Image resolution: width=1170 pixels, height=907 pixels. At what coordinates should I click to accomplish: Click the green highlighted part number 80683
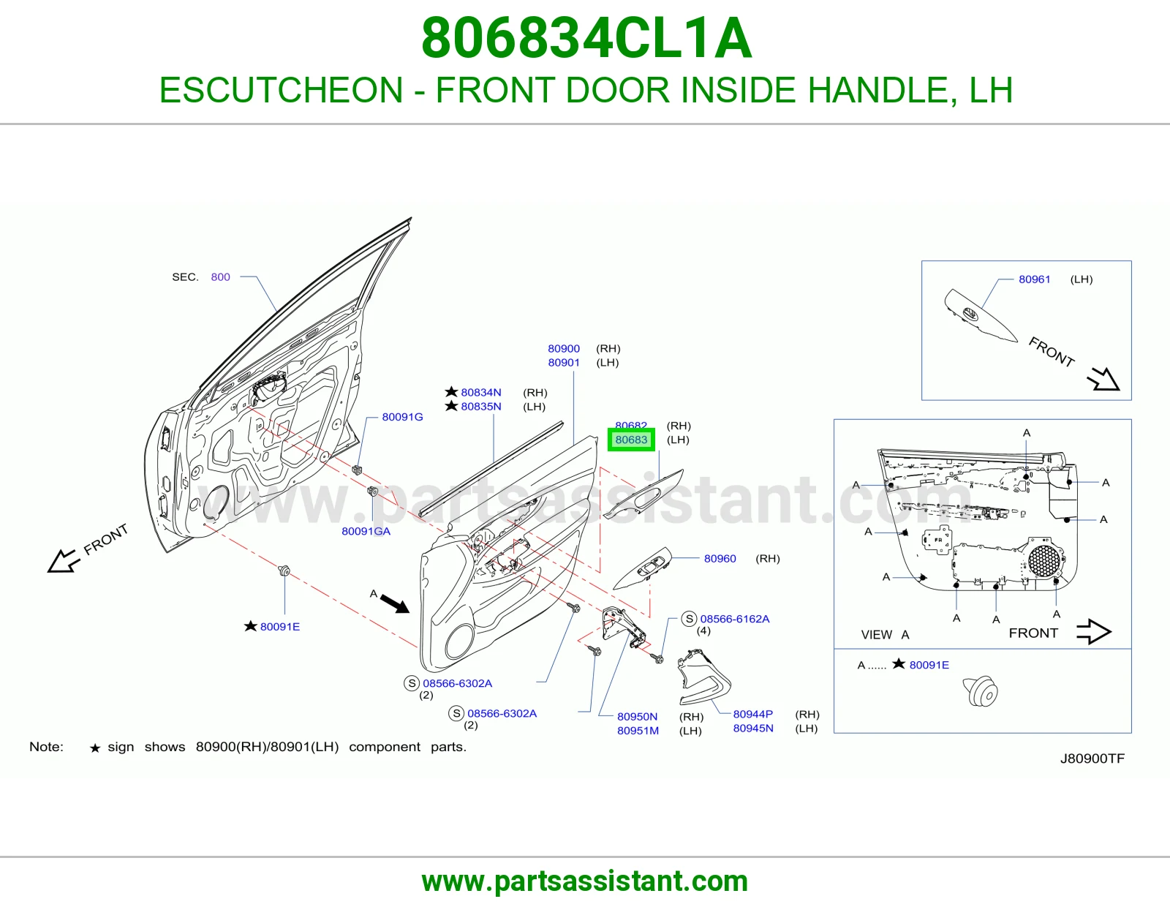click(x=631, y=440)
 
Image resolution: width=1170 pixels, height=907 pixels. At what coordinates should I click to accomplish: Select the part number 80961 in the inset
click(x=1034, y=279)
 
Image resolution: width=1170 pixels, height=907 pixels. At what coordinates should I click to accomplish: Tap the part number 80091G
click(x=402, y=417)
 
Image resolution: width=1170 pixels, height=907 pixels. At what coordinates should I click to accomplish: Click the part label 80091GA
click(x=366, y=531)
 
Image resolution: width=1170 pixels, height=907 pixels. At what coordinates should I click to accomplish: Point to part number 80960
click(x=720, y=559)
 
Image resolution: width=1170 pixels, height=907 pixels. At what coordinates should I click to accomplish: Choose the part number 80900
click(x=564, y=348)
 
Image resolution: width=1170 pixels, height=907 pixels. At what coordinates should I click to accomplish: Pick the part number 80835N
click(x=481, y=406)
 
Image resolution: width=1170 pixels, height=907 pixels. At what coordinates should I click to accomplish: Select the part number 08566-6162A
click(x=735, y=619)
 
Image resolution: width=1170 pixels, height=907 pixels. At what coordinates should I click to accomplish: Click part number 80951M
click(x=638, y=730)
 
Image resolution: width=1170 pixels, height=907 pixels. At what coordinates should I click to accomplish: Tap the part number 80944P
click(x=752, y=714)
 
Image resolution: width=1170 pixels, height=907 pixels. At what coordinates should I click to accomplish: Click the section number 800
click(x=220, y=276)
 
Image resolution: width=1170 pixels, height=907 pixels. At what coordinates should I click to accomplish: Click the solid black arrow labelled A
click(x=395, y=603)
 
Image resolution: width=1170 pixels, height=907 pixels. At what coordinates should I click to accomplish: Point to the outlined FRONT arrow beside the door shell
click(x=64, y=560)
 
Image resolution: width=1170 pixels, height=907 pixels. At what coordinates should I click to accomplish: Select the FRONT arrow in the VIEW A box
click(x=1093, y=631)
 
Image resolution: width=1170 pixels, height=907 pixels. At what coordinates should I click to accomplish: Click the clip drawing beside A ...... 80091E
click(x=980, y=691)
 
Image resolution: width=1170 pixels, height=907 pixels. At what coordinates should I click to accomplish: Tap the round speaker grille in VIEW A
click(x=1044, y=560)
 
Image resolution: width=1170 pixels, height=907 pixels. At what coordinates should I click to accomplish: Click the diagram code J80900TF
click(x=1092, y=759)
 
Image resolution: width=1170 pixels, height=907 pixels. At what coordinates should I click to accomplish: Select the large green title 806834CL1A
click(x=586, y=38)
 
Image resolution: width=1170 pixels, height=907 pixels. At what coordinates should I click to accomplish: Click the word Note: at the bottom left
click(x=46, y=747)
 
